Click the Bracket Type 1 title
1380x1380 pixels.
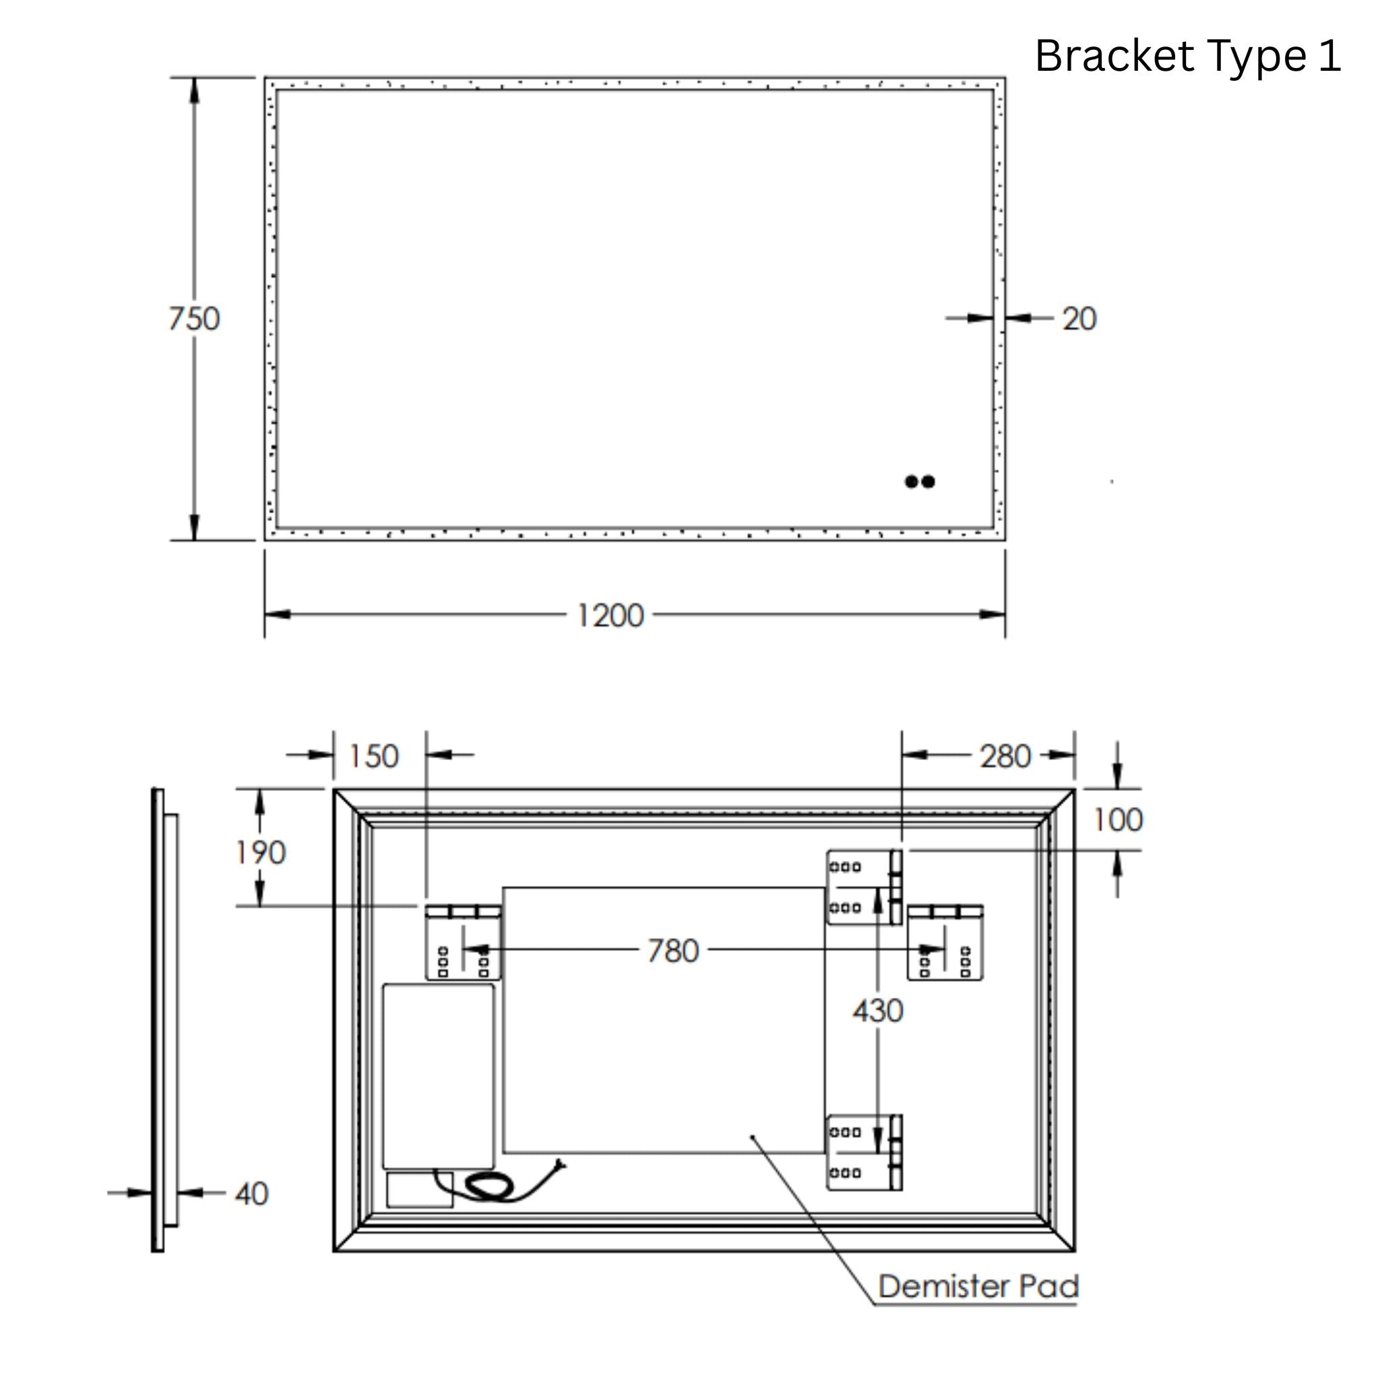pos(1187,56)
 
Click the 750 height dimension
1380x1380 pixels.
pos(193,319)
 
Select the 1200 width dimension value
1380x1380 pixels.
pos(609,615)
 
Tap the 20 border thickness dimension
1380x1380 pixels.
pos(1079,319)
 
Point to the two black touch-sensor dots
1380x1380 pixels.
pos(919,481)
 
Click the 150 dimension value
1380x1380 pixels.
pos(373,757)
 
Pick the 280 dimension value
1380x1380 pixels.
pos(1005,757)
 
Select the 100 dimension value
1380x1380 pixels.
pos(1118,819)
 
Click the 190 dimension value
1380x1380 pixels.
pos(261,852)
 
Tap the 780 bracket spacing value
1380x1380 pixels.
pos(673,951)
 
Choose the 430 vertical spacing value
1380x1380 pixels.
pos(878,1011)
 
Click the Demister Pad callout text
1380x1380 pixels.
pos(978,1286)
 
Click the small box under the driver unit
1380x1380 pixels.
pos(419,1190)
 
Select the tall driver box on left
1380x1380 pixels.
pos(438,1076)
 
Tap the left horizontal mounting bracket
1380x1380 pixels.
pos(463,942)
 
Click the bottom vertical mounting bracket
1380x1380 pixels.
pos(865,1152)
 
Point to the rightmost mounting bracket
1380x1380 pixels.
pos(945,942)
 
